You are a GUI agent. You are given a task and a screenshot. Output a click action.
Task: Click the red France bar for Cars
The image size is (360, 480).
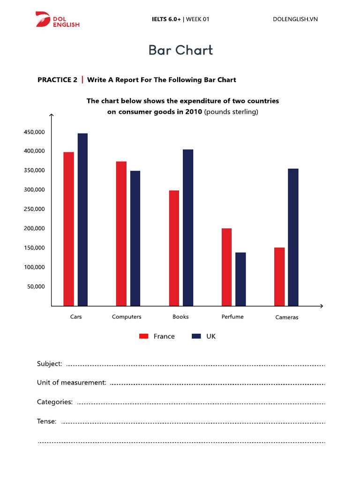point(68,229)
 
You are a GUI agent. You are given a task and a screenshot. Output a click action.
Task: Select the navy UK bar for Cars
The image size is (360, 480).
point(82,219)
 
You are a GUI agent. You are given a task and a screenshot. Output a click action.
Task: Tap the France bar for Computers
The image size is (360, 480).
point(121,233)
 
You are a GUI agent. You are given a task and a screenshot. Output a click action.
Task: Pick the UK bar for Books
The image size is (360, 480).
point(188,227)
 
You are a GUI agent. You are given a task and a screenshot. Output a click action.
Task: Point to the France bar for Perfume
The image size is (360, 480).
point(226,267)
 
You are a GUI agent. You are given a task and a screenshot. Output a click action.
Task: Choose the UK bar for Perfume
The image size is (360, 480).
point(240,279)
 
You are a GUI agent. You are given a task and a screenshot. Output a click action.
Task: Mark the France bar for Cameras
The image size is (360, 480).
point(279,277)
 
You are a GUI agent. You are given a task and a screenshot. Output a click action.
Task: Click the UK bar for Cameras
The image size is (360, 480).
point(293,237)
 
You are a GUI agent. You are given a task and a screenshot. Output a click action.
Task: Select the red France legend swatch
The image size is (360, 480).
point(144,336)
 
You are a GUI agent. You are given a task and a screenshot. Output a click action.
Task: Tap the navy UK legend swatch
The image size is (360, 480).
point(196,336)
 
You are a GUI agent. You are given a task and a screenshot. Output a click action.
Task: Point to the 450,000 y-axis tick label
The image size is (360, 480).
point(34,132)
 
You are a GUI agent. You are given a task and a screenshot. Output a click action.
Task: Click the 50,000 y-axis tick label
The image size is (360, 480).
point(36,286)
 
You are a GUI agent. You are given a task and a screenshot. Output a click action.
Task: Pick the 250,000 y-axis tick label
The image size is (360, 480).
point(34,209)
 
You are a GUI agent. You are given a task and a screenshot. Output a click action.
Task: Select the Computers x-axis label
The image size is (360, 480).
point(127,317)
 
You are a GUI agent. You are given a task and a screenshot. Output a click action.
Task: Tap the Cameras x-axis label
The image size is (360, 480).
point(287,317)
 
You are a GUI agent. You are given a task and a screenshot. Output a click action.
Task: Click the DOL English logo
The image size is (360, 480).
point(57,19)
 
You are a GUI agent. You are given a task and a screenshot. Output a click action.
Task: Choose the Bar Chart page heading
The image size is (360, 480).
point(180,50)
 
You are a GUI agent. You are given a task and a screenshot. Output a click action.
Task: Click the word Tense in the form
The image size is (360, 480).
point(47,421)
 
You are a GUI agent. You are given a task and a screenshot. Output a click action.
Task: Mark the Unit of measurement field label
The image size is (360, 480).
point(72,382)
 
